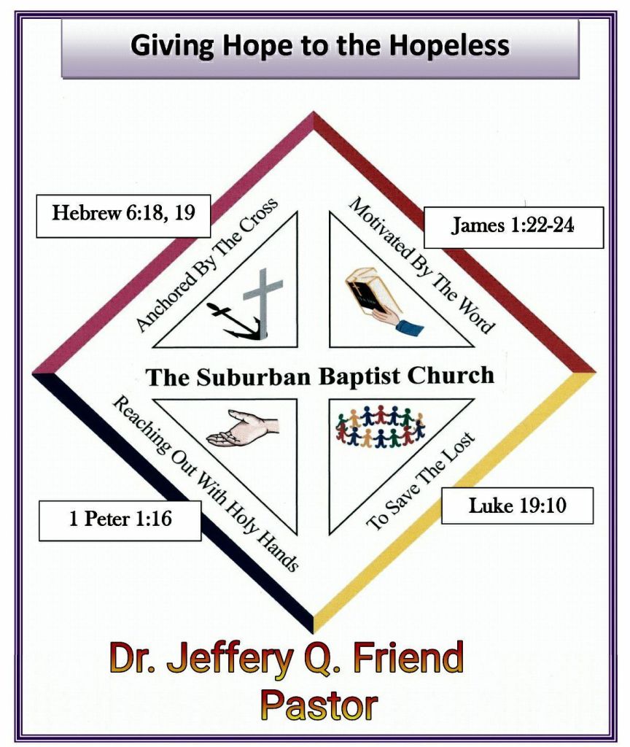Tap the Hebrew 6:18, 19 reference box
tap(122, 214)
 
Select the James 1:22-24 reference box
tap(513, 226)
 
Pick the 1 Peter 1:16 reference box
tap(120, 519)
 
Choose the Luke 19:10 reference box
tap(517, 506)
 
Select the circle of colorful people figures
tap(380, 427)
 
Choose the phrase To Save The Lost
tap(421, 482)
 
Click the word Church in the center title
tap(450, 376)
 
